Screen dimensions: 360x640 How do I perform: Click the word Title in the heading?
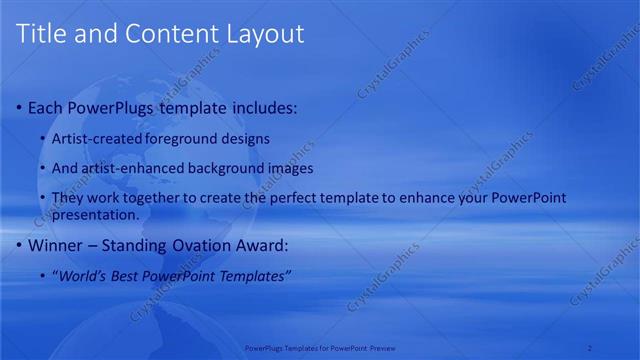(41, 33)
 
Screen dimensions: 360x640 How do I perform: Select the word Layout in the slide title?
(259, 33)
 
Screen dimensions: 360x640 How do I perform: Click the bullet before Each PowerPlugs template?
(20, 107)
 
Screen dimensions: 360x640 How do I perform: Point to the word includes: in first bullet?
(262, 107)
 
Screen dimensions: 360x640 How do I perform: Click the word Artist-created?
(98, 138)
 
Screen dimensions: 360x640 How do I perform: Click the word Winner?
(56, 245)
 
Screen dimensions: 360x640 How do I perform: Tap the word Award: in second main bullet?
(262, 245)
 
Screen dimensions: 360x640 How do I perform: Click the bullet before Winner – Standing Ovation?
(20, 245)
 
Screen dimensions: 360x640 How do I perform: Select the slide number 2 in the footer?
(590, 348)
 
